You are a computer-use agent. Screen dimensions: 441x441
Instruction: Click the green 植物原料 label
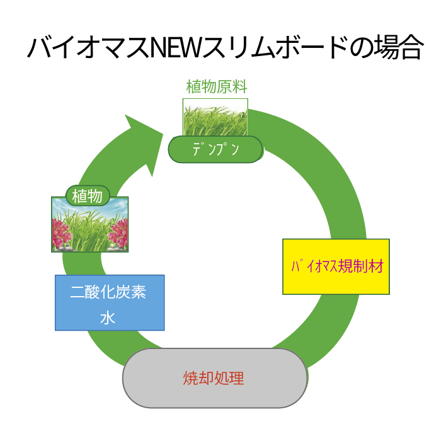pyautogui.click(x=217, y=86)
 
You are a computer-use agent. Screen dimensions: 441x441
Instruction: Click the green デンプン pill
pyautogui.click(x=215, y=149)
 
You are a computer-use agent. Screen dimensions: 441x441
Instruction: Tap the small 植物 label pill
pyautogui.click(x=88, y=196)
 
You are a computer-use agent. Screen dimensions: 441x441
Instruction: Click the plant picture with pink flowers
pyautogui.click(x=89, y=224)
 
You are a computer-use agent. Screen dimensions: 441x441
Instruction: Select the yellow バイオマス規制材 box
pyautogui.click(x=336, y=266)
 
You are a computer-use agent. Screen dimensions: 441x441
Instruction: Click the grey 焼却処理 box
pyautogui.click(x=215, y=378)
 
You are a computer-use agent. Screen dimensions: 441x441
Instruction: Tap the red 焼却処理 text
pyautogui.click(x=214, y=378)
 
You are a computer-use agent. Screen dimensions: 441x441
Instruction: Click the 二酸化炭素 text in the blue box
pyautogui.click(x=108, y=292)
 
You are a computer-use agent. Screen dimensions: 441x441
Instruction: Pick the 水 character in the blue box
pyautogui.click(x=108, y=318)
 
